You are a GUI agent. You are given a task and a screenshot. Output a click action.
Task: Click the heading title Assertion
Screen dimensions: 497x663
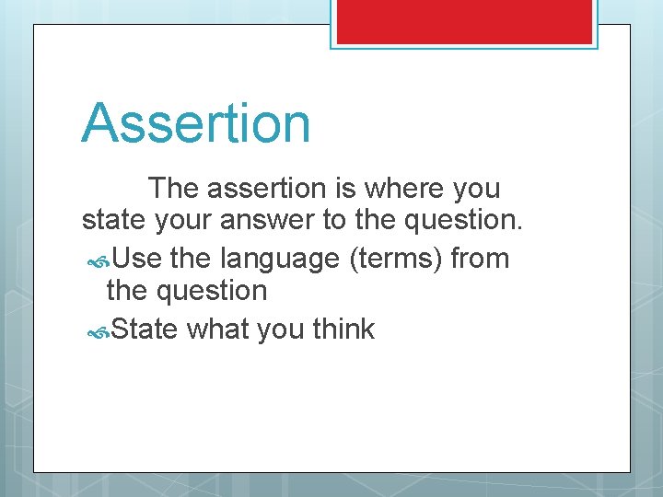pyautogui.click(x=196, y=124)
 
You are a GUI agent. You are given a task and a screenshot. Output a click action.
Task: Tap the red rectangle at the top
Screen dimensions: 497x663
pyautogui.click(x=464, y=20)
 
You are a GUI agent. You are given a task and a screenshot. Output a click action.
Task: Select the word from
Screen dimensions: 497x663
pyautogui.click(x=480, y=260)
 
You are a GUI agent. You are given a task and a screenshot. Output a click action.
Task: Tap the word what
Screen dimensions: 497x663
pyautogui.click(x=218, y=329)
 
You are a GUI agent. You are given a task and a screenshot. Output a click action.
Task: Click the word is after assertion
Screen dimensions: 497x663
pyautogui.click(x=348, y=189)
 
